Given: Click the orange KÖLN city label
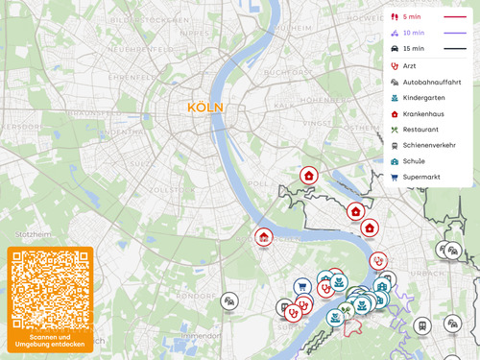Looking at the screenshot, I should point(205,108).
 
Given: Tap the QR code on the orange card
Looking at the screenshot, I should point(50,290).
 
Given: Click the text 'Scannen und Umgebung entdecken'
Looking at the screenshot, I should point(50,342).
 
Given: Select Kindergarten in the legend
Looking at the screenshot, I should point(422,98).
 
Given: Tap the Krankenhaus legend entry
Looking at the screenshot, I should point(422,114).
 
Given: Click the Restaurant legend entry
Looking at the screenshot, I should point(420,130).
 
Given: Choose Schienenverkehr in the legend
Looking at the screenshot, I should point(428,145).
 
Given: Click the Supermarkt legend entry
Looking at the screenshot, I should point(422,177).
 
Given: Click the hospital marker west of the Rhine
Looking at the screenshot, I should point(263,236).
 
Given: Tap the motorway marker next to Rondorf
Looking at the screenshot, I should point(229,301).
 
